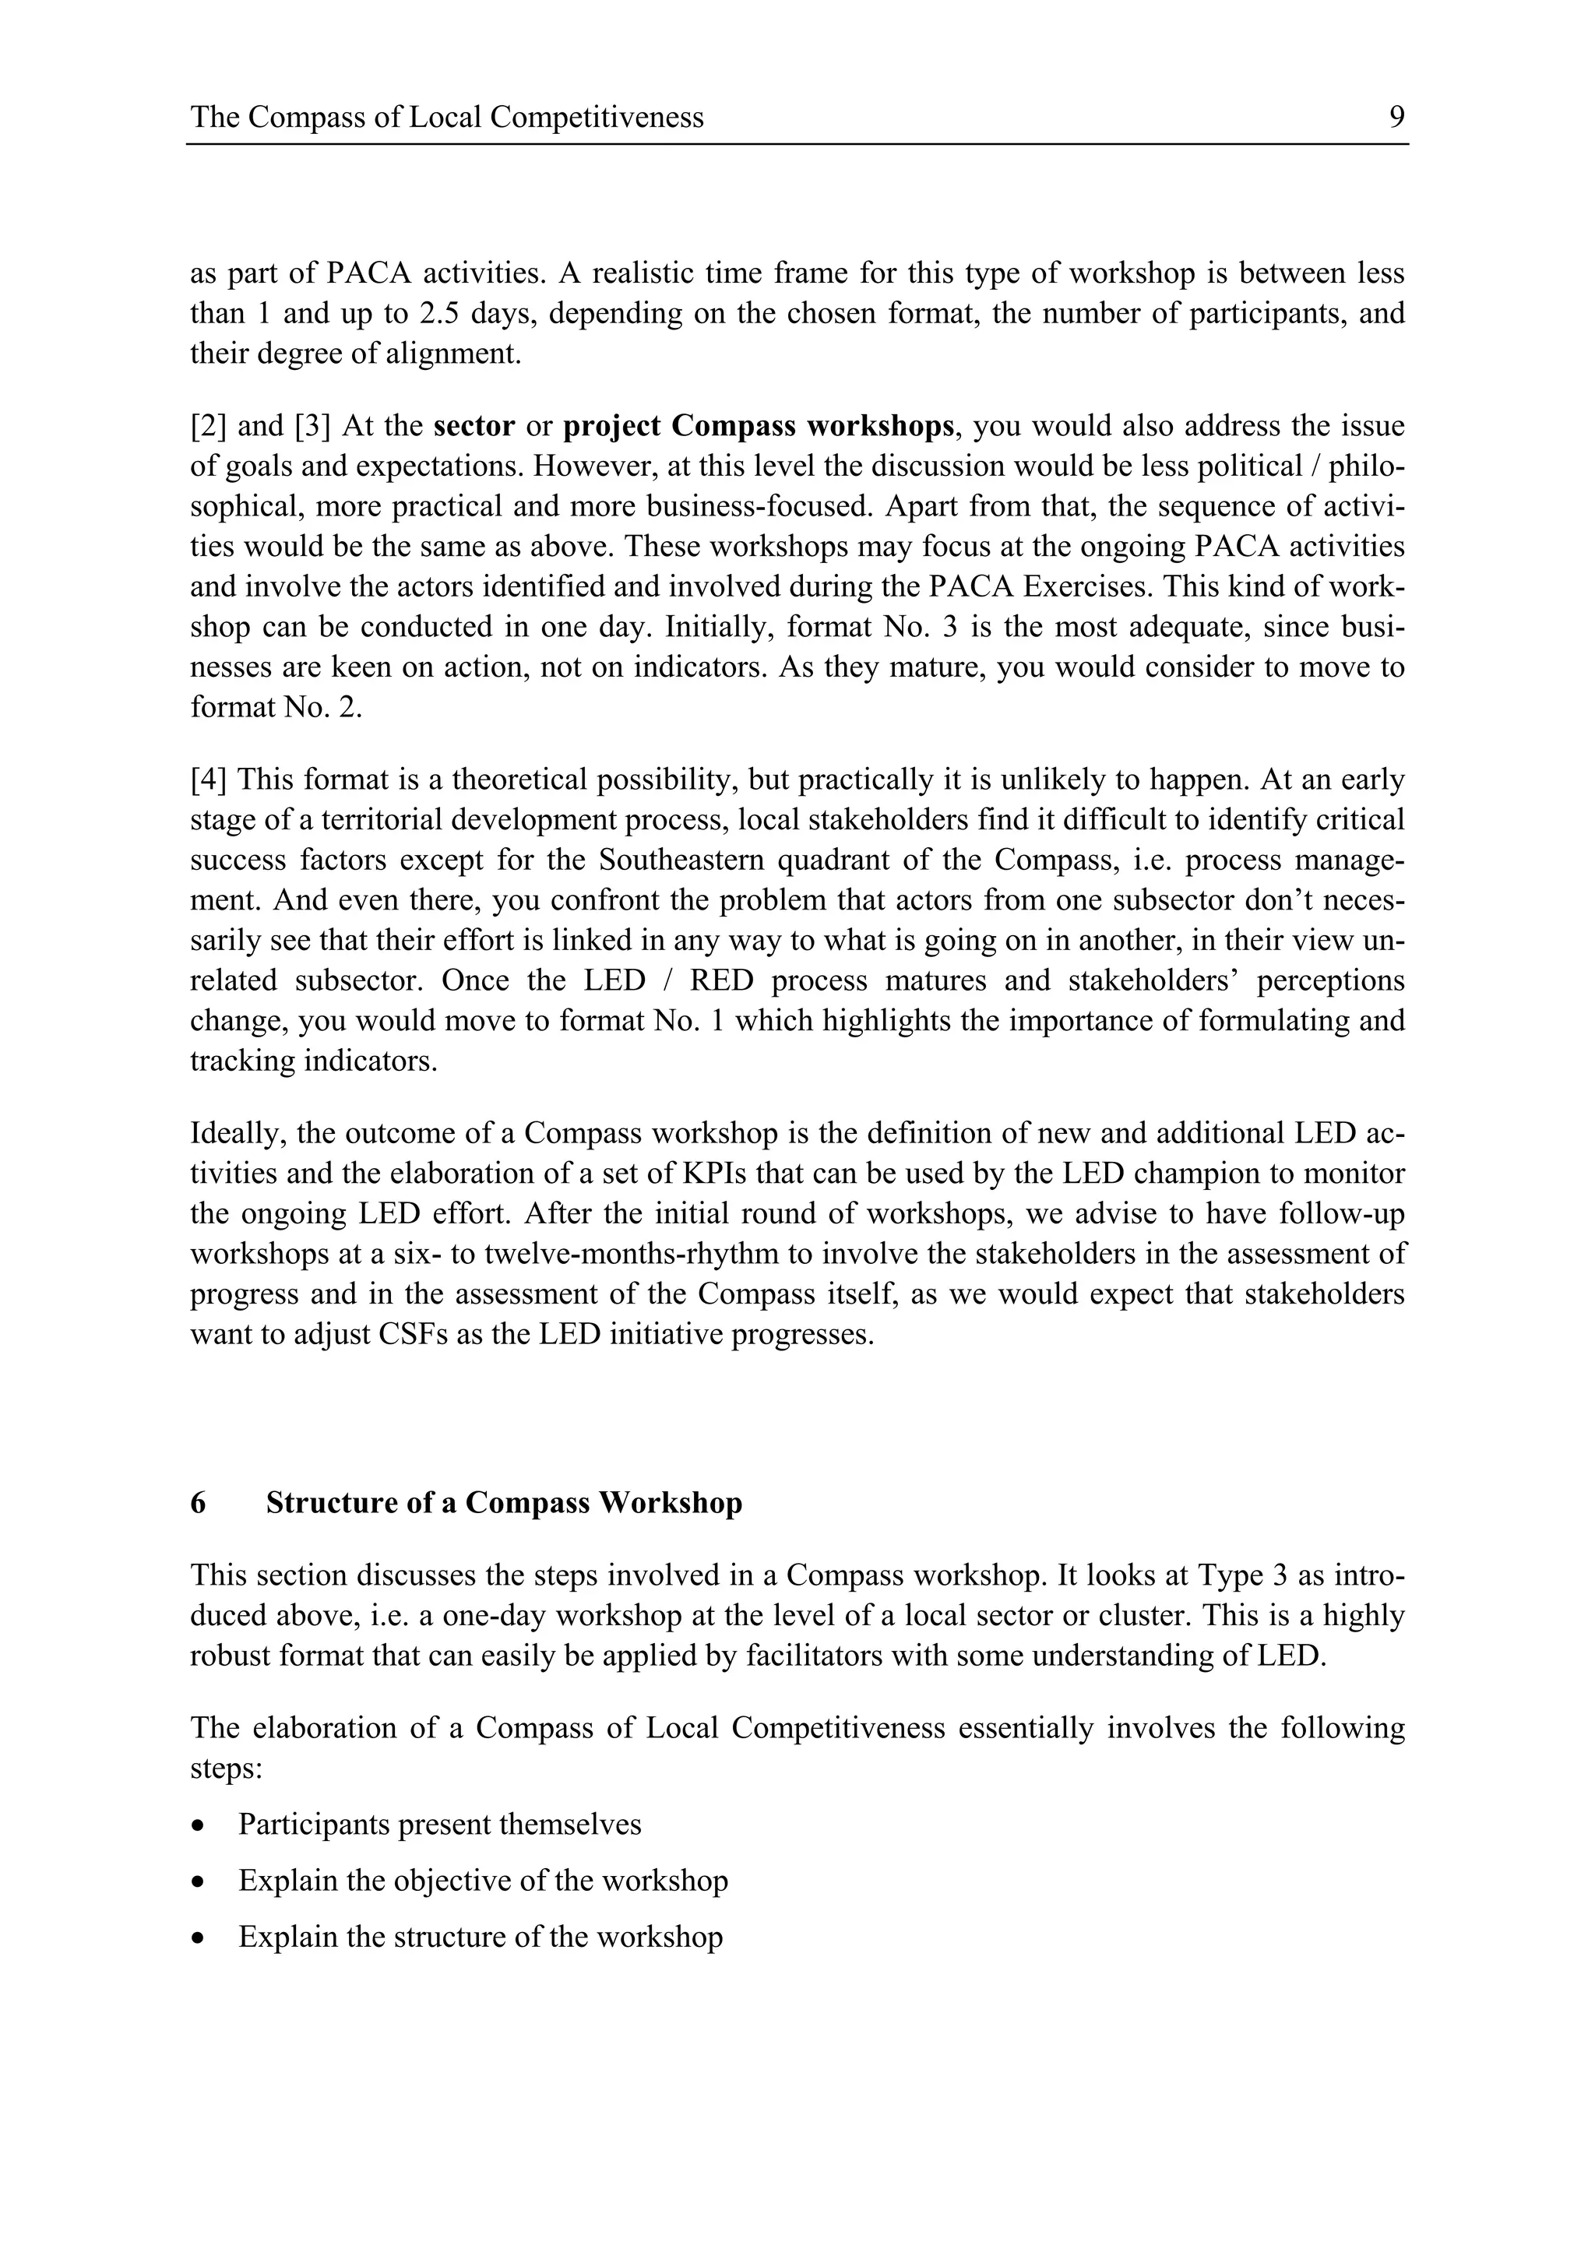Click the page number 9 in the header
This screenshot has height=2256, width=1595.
tap(1396, 118)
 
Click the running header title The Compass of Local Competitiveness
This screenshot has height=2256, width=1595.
tap(447, 118)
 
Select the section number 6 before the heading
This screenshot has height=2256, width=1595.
tap(199, 1503)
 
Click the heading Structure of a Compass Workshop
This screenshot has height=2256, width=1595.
tap(504, 1503)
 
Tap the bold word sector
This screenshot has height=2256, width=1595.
tap(474, 427)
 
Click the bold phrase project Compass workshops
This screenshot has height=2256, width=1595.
tap(758, 427)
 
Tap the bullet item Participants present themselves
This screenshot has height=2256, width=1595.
tap(439, 1825)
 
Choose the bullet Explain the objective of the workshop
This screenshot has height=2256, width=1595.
tap(483, 1881)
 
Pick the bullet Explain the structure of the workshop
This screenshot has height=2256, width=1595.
tap(480, 1937)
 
